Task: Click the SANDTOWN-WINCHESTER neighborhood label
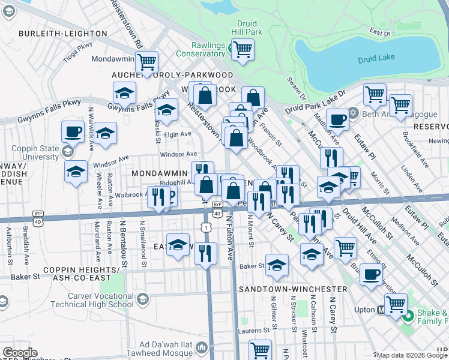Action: (x=293, y=289)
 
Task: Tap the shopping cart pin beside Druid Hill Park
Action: (x=243, y=49)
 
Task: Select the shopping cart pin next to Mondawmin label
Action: (x=146, y=61)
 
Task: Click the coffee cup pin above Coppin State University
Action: (x=73, y=131)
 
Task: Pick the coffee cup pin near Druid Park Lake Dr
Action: (x=337, y=119)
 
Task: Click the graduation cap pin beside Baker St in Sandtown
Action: (x=277, y=264)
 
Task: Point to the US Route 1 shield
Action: (x=206, y=227)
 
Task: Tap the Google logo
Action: (x=20, y=353)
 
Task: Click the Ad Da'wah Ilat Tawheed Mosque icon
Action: (x=202, y=347)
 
